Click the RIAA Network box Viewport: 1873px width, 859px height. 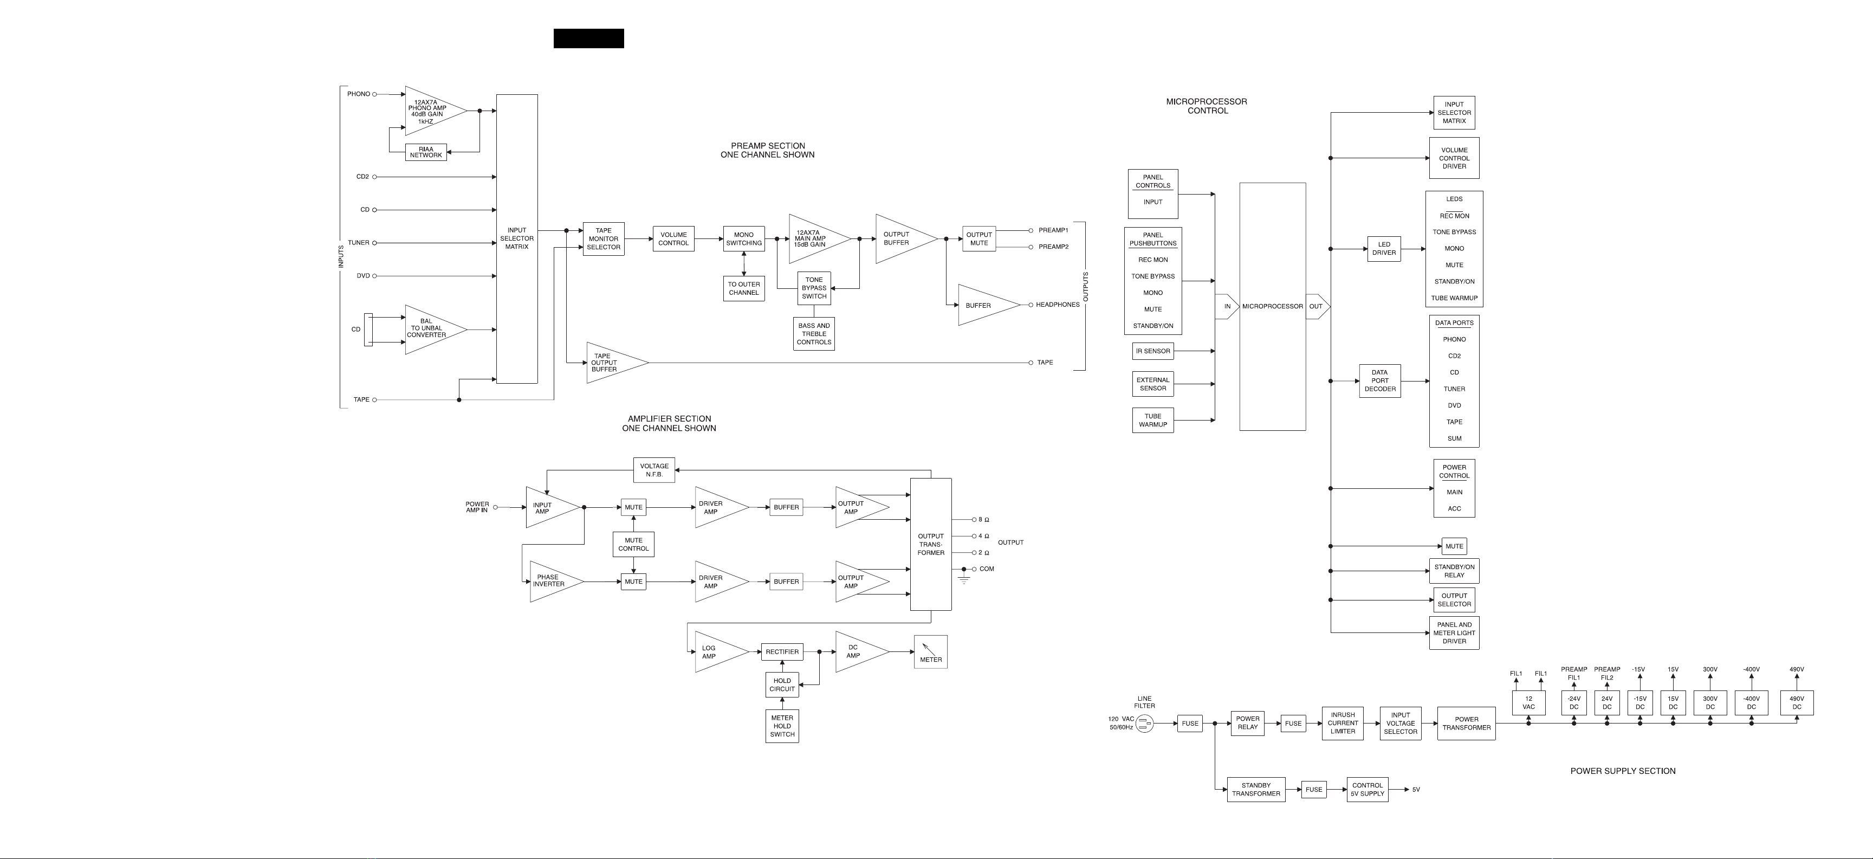(426, 152)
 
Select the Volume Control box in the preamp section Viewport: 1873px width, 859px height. (673, 238)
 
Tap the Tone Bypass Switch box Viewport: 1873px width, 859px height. (814, 288)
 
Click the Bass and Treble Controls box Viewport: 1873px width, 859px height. (814, 334)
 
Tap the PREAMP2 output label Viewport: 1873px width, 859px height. (1054, 247)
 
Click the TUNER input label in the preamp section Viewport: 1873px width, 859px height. (359, 243)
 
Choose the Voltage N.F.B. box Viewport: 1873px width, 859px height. (654, 470)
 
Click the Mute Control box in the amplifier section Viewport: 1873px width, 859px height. (633, 544)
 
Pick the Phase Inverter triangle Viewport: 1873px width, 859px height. (555, 581)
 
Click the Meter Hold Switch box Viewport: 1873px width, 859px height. (782, 726)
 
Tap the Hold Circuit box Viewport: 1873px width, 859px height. (782, 684)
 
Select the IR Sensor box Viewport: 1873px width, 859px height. (1153, 351)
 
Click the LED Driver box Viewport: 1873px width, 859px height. (1384, 249)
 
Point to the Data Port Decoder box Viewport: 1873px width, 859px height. (1380, 380)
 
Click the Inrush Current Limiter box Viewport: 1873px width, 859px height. (1343, 723)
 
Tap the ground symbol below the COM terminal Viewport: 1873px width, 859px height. (964, 580)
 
